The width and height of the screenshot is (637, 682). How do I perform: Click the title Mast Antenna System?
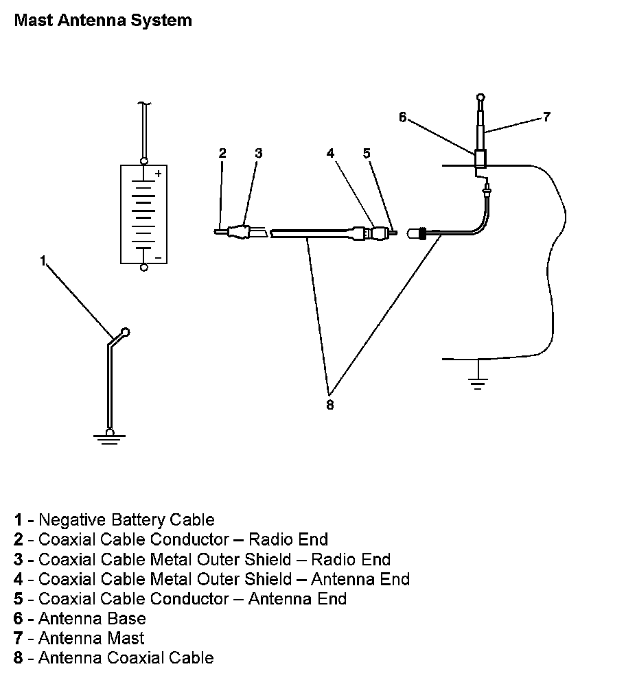tap(103, 21)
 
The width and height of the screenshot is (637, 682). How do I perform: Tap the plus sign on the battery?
tap(159, 174)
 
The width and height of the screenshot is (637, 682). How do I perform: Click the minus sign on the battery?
tap(159, 257)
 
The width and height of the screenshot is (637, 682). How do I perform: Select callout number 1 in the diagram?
tap(43, 261)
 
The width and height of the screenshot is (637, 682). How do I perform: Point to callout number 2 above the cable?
tap(222, 153)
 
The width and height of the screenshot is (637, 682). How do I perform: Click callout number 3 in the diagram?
tap(258, 153)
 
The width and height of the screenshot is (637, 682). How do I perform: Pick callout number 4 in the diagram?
tap(331, 153)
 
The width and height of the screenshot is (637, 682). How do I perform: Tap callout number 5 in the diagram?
tap(367, 153)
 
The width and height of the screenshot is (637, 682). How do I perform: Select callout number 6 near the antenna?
tap(403, 117)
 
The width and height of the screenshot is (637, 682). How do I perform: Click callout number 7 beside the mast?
tap(546, 117)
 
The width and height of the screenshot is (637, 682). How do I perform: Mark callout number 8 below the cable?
tap(330, 405)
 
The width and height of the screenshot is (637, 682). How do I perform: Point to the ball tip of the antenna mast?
tap(482, 98)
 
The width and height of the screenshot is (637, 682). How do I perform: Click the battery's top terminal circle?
tap(143, 161)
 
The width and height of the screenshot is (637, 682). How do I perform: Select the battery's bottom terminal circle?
tap(143, 267)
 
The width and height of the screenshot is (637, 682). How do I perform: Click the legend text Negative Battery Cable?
tap(126, 520)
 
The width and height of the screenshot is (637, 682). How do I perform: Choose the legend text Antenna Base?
tap(92, 618)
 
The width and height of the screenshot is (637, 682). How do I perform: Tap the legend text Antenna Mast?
tap(91, 638)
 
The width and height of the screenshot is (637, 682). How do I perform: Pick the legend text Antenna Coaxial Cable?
tap(126, 658)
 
